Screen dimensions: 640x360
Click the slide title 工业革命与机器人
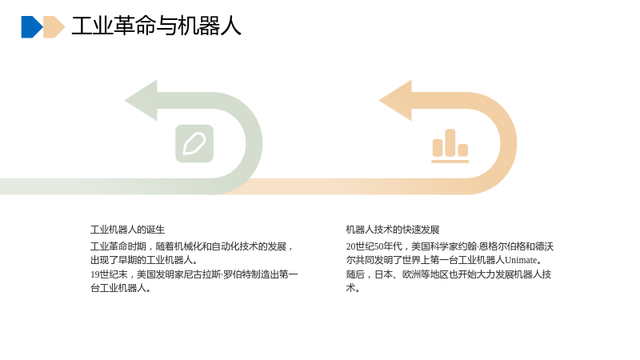[156, 26]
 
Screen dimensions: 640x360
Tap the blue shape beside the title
[32, 27]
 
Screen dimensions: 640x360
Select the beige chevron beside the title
[54, 27]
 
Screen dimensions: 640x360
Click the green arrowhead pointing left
[141, 101]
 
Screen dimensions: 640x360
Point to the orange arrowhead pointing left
[395, 101]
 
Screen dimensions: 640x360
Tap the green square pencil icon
[194, 143]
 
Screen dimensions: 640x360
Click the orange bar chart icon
[450, 146]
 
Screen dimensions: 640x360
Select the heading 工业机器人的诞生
[127, 230]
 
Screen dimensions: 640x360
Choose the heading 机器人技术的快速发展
[393, 230]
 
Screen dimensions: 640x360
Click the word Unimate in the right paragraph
[521, 260]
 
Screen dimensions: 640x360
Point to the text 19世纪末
[109, 274]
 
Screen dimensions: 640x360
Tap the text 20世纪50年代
[374, 246]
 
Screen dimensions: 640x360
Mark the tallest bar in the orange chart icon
[450, 142]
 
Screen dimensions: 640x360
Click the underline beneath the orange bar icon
[450, 162]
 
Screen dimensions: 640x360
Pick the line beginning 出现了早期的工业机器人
[144, 260]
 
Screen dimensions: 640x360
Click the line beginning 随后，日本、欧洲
[449, 274]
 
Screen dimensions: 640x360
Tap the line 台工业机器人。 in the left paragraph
[121, 288]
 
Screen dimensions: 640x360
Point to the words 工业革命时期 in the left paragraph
[118, 246]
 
